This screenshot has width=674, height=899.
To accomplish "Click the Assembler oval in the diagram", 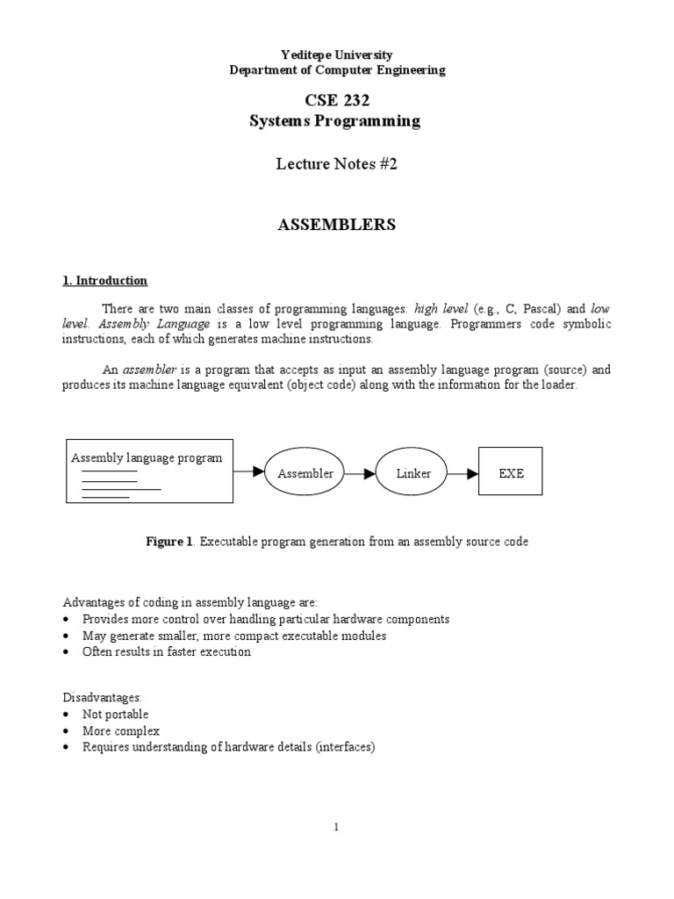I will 305,473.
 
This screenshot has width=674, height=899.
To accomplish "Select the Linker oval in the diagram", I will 413,473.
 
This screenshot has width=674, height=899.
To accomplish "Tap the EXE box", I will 511,473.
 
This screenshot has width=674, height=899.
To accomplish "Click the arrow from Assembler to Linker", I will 359,473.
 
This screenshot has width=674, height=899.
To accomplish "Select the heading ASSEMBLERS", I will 337,225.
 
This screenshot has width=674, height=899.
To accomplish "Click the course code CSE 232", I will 337,102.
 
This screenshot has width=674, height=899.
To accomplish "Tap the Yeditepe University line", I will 337,54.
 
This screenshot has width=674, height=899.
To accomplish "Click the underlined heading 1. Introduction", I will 104,281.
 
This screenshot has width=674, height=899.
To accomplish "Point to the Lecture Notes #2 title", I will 337,164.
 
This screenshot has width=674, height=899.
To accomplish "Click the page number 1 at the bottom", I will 337,826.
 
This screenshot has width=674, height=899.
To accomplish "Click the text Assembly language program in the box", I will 147,457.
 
